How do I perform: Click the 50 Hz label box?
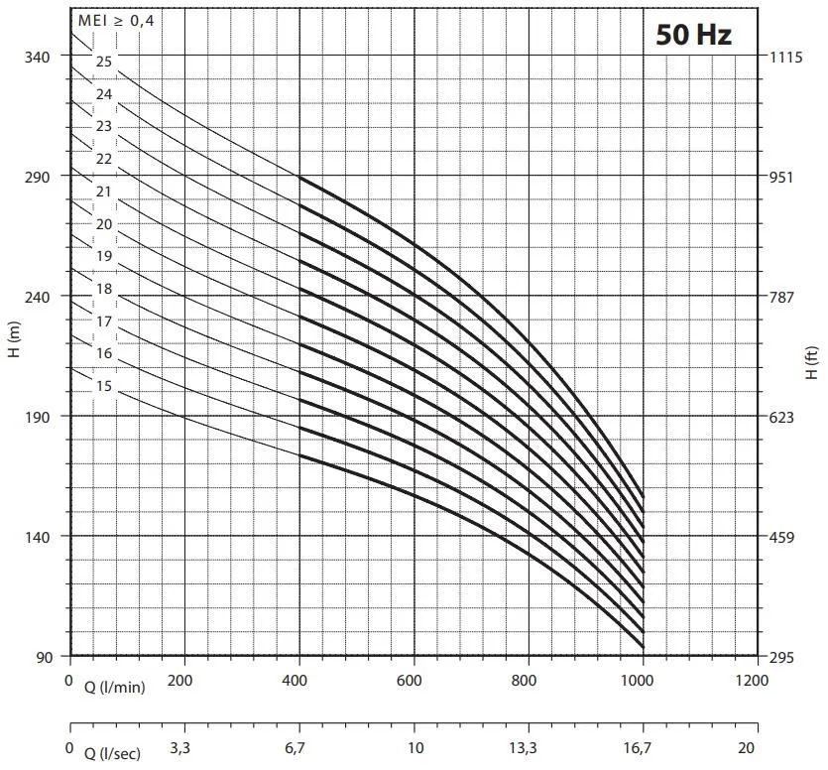click(693, 35)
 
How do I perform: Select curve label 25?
click(104, 62)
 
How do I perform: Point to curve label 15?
click(104, 386)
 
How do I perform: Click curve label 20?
click(104, 224)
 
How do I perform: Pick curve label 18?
click(104, 289)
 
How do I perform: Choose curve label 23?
click(104, 126)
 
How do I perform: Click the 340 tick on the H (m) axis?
click(37, 57)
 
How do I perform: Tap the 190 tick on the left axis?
click(37, 416)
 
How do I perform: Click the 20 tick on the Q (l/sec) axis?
click(748, 747)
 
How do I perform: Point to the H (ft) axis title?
click(812, 362)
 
